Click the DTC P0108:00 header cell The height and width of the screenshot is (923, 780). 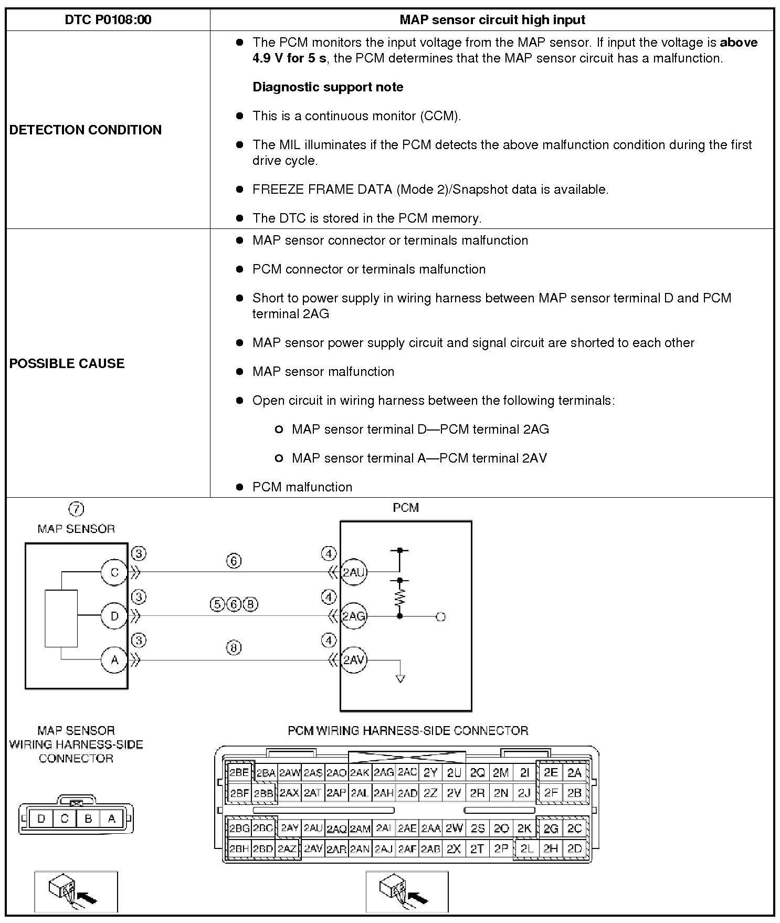[108, 20]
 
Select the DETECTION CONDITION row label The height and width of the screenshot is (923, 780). [86, 130]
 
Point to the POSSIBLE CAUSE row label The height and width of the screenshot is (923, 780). [67, 363]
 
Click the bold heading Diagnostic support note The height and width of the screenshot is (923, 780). [328, 87]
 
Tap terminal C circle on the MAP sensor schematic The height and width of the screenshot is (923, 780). [114, 572]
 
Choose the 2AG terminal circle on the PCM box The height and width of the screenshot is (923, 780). [353, 616]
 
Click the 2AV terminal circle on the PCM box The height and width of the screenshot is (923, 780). [353, 660]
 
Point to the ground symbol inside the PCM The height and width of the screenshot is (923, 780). [400, 678]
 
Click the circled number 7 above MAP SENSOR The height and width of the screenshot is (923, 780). [76, 509]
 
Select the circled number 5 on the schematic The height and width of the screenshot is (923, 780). [217, 604]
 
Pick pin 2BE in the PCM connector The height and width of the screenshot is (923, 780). [239, 772]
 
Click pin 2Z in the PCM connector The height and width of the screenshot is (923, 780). [430, 793]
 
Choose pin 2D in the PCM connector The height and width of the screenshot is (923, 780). [575, 848]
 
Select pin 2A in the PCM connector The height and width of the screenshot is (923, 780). [575, 772]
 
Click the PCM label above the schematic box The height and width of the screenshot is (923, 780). [406, 508]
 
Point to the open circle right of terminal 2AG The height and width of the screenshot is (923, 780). [441, 616]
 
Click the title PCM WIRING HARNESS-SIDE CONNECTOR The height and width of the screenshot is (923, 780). [408, 731]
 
